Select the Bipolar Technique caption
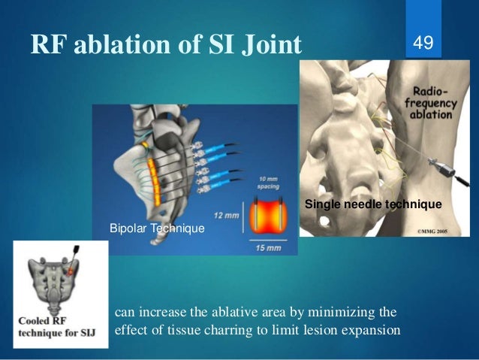coord(156,226)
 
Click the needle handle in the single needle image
coord(444,162)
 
